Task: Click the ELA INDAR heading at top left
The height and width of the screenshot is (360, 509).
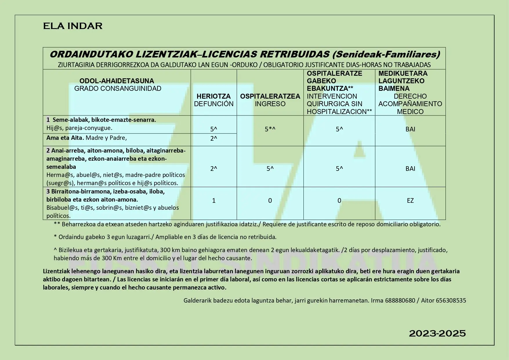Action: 73,26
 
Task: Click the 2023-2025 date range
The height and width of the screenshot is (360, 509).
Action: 437,334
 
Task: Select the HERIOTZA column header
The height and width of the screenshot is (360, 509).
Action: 213,96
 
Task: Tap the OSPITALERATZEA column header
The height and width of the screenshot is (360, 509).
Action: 270,96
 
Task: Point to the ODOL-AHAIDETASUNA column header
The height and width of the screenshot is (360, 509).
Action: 117,81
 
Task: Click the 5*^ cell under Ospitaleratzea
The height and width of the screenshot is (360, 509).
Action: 270,129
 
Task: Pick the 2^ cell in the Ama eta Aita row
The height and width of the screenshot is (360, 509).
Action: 213,139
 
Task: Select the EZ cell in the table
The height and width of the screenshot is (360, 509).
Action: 410,201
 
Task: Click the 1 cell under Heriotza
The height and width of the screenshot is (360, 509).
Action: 214,201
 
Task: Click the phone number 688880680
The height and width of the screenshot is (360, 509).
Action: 400,301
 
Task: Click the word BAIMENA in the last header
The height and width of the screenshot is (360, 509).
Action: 394,88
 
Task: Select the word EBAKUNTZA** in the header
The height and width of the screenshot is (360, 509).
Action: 330,88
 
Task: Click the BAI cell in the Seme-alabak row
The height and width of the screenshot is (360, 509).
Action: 410,129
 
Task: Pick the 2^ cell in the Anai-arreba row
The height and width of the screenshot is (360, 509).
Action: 213,169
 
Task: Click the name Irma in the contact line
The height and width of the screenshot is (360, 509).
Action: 377,301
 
